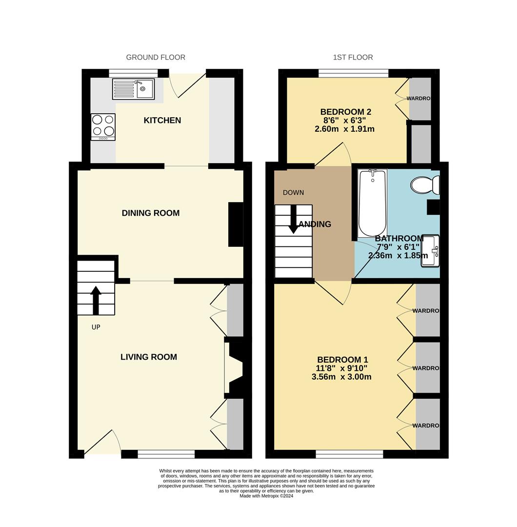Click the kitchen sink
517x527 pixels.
pyautogui.click(x=134, y=89)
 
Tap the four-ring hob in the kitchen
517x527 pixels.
pyautogui.click(x=103, y=126)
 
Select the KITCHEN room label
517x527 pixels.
pyautogui.click(x=162, y=120)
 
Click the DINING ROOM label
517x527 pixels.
pyautogui.click(x=150, y=213)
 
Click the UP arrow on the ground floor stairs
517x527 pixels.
pyautogui.click(x=96, y=300)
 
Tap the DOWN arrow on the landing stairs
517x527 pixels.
pyautogui.click(x=294, y=218)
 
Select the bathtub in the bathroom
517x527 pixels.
pyautogui.click(x=373, y=203)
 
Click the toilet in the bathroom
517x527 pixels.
pyautogui.click(x=425, y=185)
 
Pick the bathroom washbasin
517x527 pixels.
pyautogui.click(x=430, y=251)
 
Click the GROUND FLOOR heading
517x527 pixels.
pyautogui.click(x=156, y=57)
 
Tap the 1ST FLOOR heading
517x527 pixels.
pyautogui.click(x=353, y=57)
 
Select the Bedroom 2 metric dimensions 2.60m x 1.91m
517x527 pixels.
pyautogui.click(x=345, y=129)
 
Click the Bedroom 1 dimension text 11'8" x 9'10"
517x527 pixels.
pyautogui.click(x=341, y=368)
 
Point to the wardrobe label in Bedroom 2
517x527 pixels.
pyautogui.click(x=419, y=99)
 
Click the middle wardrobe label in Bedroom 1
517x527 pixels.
pyautogui.click(x=426, y=368)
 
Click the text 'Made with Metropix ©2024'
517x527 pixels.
pyautogui.click(x=266, y=496)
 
